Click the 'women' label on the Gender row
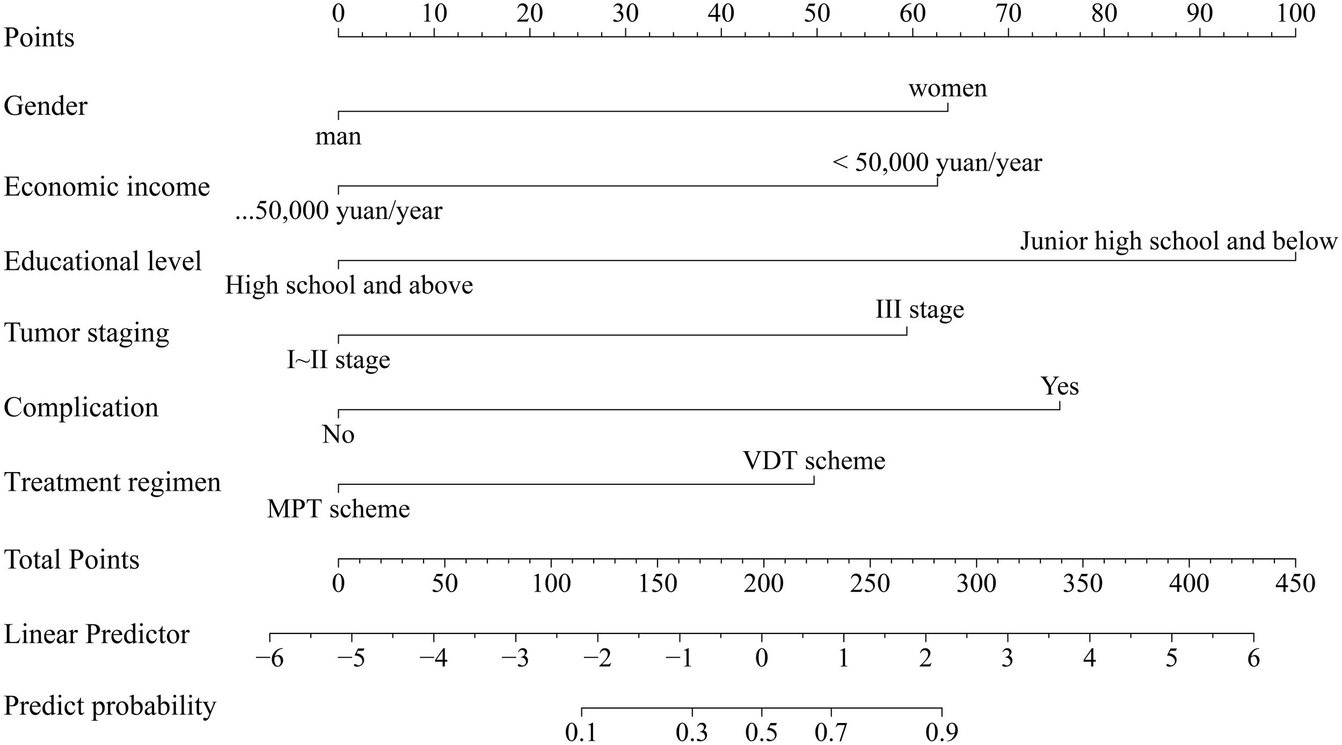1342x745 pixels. pos(947,89)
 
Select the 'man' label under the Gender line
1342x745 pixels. pos(338,137)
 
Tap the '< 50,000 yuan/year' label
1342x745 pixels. pos(937,163)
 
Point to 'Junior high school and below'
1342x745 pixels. pos(1178,241)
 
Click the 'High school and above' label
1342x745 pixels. pos(349,285)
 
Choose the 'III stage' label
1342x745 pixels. pos(920,310)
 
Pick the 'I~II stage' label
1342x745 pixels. pos(338,360)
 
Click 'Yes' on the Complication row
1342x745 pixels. pos(1059,386)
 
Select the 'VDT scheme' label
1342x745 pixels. pos(814,461)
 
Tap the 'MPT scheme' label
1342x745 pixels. pos(338,509)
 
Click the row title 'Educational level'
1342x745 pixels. pos(103,262)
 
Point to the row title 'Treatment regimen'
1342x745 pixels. pos(112,482)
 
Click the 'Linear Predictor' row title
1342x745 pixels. pos(97,635)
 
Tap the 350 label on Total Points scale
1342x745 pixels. pos(1082,584)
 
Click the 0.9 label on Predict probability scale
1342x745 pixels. pos(942,732)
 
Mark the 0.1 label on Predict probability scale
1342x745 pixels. pos(581,732)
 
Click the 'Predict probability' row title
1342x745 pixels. pos(110,706)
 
